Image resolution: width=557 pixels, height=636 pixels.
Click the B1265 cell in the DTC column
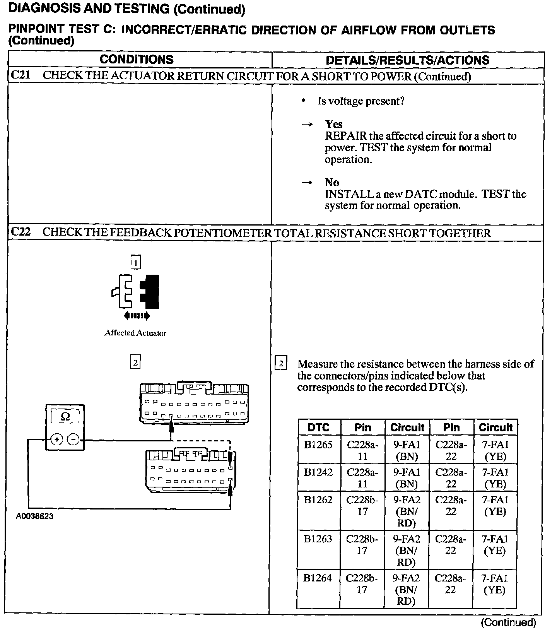[318, 445]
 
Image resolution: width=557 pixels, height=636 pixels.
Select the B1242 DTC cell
[318, 472]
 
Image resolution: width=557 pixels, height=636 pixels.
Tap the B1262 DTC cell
[318, 500]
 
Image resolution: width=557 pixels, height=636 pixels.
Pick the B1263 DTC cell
[318, 539]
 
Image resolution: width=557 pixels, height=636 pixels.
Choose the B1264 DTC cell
[318, 578]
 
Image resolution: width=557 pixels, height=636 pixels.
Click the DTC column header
[318, 427]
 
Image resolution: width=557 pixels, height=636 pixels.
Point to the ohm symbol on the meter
[65, 417]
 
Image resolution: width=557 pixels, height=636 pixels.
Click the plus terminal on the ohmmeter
[57, 439]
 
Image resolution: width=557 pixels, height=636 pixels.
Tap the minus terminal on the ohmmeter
[73, 439]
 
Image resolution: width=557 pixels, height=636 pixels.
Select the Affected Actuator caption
[135, 333]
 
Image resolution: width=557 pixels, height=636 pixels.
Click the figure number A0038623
[35, 516]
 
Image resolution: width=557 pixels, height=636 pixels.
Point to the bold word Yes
[334, 124]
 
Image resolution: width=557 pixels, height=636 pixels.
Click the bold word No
[332, 182]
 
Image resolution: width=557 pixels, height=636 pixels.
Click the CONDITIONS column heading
[137, 60]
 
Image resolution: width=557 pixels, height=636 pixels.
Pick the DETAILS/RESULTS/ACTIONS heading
[408, 60]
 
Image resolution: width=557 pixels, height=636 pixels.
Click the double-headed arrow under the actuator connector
[137, 316]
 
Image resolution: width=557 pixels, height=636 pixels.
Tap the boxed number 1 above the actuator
[135, 263]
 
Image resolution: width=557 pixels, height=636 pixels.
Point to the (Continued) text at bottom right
[509, 622]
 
